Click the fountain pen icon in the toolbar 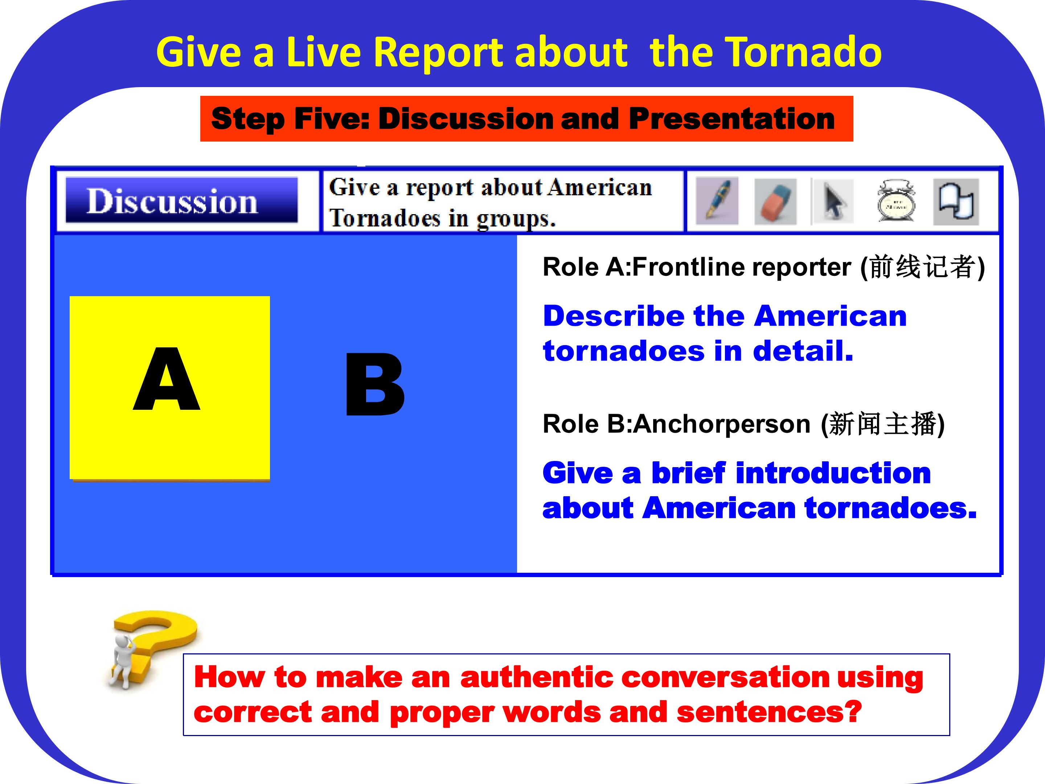coord(717,200)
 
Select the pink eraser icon coord(775,201)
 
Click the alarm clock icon coord(896,200)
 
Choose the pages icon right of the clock coord(956,201)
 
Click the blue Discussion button coord(182,200)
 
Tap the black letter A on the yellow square coord(167,379)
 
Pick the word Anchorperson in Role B coord(722,424)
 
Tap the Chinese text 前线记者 coord(923,267)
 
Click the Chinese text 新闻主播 coord(882,424)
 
